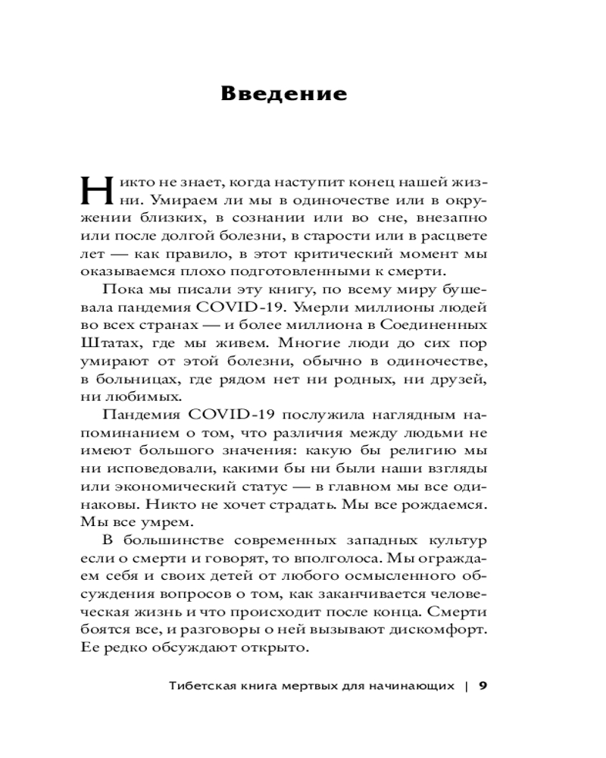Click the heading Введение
(x=283, y=94)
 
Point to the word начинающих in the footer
(x=415, y=688)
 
